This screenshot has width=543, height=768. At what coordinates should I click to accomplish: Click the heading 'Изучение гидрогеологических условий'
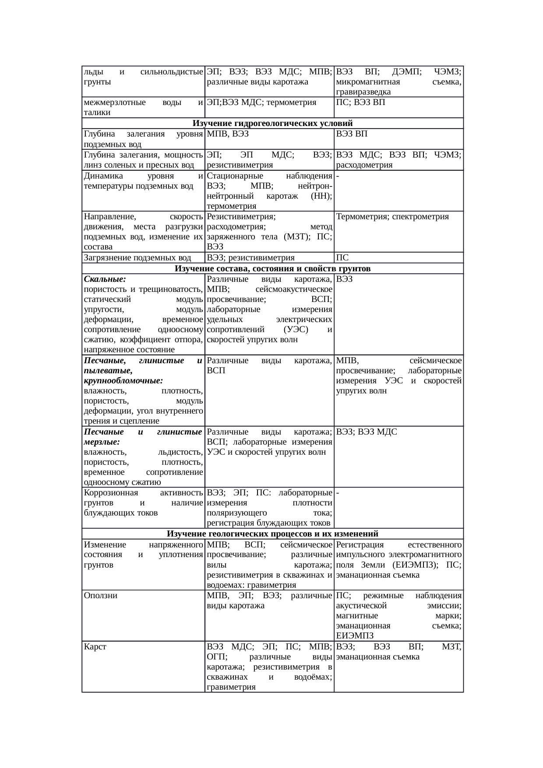click(272, 123)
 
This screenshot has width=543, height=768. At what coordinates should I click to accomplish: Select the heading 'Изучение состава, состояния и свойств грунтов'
click(272, 268)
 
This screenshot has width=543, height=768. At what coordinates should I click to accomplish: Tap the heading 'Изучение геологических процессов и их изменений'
click(272, 534)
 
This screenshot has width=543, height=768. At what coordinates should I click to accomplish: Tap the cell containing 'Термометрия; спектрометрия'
click(393, 217)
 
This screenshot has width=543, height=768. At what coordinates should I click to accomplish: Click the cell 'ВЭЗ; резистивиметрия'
click(251, 258)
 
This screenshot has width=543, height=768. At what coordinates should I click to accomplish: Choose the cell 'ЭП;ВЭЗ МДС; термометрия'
click(261, 102)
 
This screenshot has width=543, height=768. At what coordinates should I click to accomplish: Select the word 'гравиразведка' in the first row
click(363, 92)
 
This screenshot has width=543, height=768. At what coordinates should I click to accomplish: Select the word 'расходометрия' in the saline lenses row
click(364, 165)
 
